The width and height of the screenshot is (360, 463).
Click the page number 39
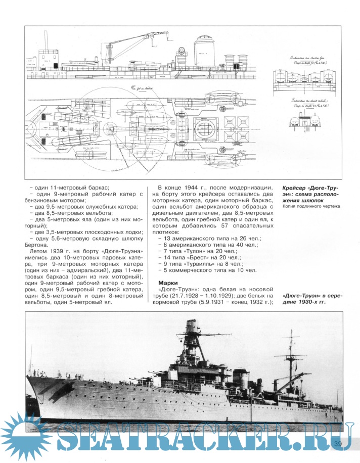pos(338,444)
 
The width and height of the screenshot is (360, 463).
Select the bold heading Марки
pos(168,282)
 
